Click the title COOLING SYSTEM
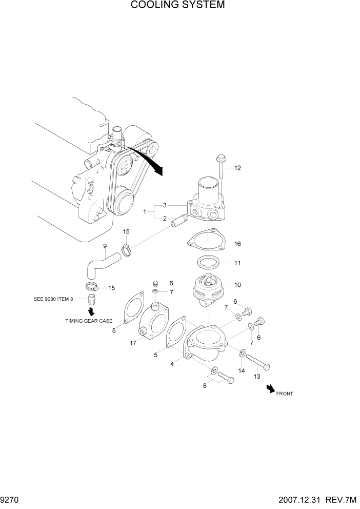[x=177, y=6]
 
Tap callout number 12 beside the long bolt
[x=237, y=168]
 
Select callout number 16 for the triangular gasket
[x=237, y=244]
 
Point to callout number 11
[x=237, y=263]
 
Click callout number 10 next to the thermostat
[x=237, y=285]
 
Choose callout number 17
[x=133, y=343]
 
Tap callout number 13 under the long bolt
[x=257, y=376]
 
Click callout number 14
[x=242, y=370]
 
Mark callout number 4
[x=173, y=364]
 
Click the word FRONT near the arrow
[x=285, y=394]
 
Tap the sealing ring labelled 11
[x=209, y=263]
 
